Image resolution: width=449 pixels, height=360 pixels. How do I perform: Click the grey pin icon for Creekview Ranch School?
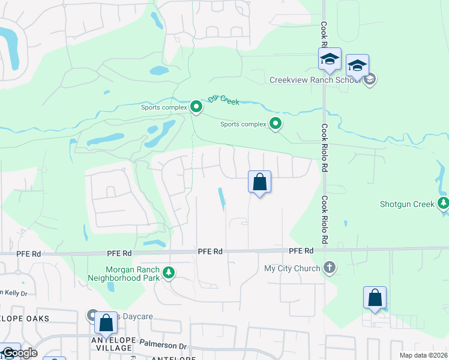pyautogui.click(x=370, y=79)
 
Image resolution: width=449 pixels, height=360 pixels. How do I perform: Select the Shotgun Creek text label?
pyautogui.click(x=407, y=204)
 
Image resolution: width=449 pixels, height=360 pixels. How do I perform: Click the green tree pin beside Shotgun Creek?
pyautogui.click(x=443, y=203)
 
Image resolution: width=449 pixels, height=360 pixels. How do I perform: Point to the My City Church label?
pyautogui.click(x=292, y=268)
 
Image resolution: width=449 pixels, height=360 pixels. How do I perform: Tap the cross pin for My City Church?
pyautogui.click(x=329, y=268)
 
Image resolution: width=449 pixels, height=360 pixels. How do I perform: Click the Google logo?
pyautogui.click(x=19, y=353)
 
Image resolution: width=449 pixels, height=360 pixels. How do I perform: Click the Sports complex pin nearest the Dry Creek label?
pyautogui.click(x=196, y=107)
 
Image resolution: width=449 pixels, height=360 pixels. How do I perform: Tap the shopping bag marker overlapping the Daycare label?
pyautogui.click(x=106, y=322)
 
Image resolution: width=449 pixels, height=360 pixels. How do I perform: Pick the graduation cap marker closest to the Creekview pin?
pyautogui.click(x=357, y=65)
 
